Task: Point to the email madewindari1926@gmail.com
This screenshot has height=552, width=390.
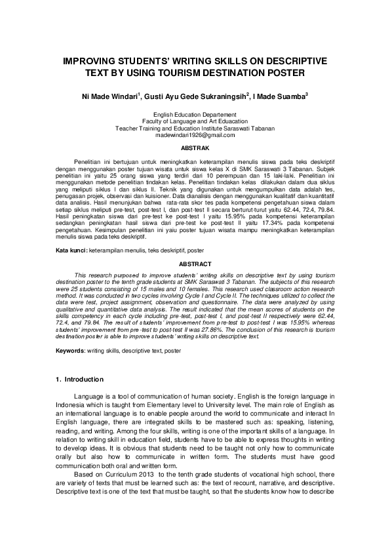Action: click(x=195, y=134)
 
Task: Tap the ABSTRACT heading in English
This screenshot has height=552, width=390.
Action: click(x=195, y=282)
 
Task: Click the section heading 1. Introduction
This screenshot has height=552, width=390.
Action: click(x=79, y=380)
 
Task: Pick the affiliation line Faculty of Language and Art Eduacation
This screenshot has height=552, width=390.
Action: click(x=195, y=121)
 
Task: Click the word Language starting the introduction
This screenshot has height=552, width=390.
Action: click(x=89, y=397)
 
